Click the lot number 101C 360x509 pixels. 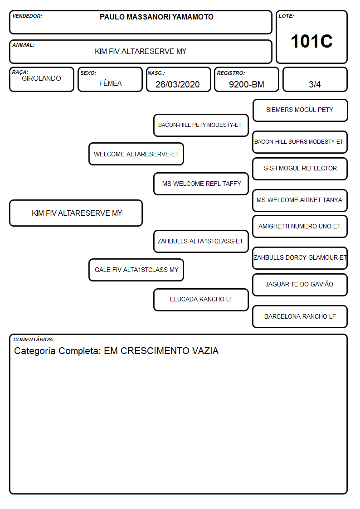[x=311, y=41]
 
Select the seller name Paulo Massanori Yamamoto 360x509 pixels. [x=156, y=17]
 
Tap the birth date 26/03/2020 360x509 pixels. [x=178, y=84]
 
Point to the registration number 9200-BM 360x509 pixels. [x=246, y=84]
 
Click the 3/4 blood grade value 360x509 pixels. [x=315, y=84]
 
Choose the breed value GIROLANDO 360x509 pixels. [x=41, y=78]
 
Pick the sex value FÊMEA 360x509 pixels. [x=110, y=83]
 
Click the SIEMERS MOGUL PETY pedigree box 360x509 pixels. [x=300, y=111]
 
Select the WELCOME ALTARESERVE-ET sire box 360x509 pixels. [x=136, y=154]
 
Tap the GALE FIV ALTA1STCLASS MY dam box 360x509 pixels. [x=136, y=270]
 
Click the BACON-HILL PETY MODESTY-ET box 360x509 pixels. [x=201, y=125]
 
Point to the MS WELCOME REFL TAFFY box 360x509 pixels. [x=201, y=184]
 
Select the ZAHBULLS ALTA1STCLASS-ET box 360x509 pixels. [x=201, y=241]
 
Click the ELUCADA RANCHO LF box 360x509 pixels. [x=201, y=300]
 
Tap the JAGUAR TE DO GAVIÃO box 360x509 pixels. [x=300, y=285]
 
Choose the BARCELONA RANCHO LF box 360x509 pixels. [x=300, y=316]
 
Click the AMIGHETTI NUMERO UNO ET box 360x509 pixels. [x=300, y=226]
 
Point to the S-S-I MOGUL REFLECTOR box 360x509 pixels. [x=300, y=169]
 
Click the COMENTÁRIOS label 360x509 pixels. [x=34, y=339]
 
